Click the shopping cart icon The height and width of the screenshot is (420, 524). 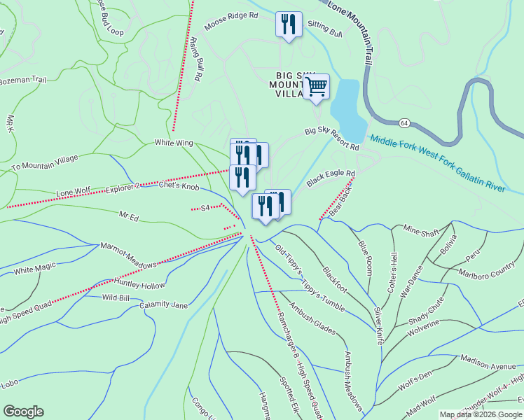click(x=317, y=87)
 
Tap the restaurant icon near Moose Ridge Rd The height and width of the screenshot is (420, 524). click(x=289, y=25)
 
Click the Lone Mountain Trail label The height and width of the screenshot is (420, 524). click(x=350, y=20)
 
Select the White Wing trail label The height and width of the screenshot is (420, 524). click(x=173, y=143)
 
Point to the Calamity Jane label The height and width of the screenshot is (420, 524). click(x=163, y=305)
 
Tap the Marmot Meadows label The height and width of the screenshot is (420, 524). click(x=128, y=255)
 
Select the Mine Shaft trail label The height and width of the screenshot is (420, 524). click(x=422, y=229)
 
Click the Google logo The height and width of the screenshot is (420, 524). click(x=23, y=412)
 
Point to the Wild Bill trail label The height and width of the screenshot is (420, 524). click(x=116, y=297)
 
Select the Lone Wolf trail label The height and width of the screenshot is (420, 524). click(x=74, y=191)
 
